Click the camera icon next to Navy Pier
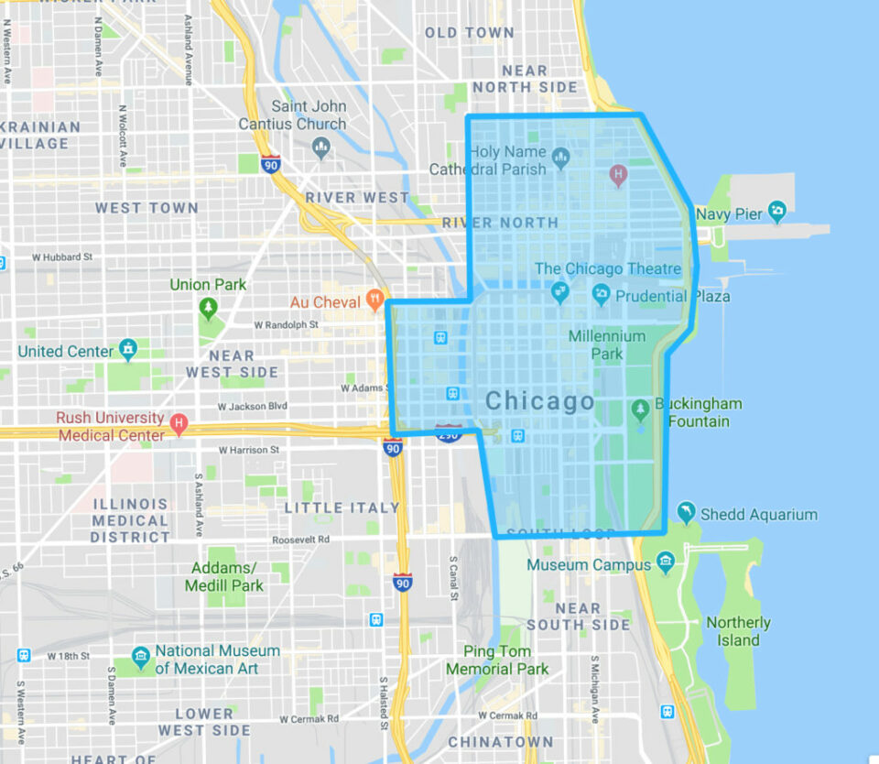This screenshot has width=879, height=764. [777, 212]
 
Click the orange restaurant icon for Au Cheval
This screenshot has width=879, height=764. [374, 300]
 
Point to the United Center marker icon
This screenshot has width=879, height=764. [129, 349]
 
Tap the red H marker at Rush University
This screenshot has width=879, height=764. [179, 424]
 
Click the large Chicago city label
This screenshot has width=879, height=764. [539, 401]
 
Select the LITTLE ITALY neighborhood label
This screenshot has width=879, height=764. [342, 508]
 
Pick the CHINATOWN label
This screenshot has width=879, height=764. [500, 742]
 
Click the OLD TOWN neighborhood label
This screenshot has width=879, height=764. [469, 33]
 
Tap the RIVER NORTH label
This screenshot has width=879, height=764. [500, 223]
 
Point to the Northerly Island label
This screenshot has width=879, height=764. [738, 631]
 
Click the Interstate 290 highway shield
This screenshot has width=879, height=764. [449, 434]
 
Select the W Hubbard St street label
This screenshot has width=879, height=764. [62, 258]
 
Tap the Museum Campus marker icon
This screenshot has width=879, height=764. [666, 561]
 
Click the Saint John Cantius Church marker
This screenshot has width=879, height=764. [320, 146]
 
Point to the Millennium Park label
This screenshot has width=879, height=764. [607, 344]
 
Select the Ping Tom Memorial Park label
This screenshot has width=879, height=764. [497, 660]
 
